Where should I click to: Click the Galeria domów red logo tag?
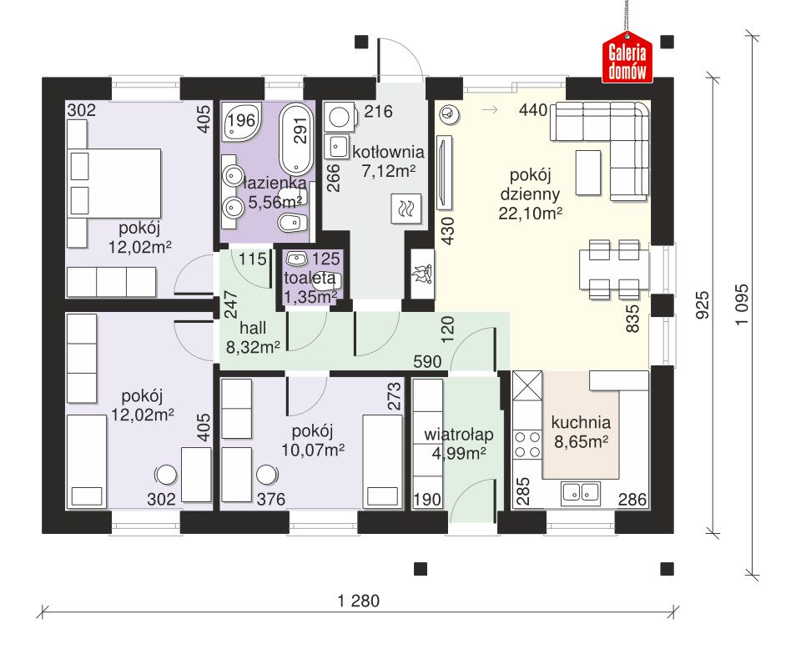627,58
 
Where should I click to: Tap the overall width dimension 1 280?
359,601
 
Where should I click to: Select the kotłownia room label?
388,152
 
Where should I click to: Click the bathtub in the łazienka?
297,138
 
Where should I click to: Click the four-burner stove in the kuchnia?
527,445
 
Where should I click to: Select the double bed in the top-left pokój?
114,184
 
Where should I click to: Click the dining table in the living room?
614,269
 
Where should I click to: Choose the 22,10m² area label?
530,214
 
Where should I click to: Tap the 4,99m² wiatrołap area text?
458,453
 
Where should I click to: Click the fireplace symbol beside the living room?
422,274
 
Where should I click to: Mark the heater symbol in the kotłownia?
406,208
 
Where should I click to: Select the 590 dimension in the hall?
427,362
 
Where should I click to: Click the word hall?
253,328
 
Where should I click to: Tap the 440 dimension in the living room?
533,109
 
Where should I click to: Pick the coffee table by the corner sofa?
588,173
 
